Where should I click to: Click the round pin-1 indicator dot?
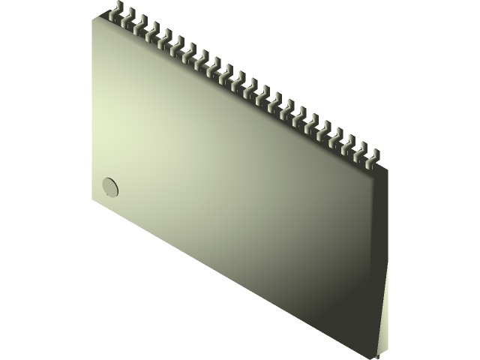[110, 187]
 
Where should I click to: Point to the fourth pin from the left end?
[153, 31]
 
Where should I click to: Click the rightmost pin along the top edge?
[373, 156]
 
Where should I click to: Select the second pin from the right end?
[361, 149]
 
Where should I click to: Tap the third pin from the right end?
[349, 142]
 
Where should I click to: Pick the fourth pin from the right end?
[337, 136]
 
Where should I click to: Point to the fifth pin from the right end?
[325, 129]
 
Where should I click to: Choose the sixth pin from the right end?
[313, 122]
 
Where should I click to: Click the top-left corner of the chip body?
[93, 18]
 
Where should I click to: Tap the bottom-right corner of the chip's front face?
[373, 357]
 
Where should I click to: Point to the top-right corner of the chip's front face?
[373, 172]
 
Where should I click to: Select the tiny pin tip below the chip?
[378, 357]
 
